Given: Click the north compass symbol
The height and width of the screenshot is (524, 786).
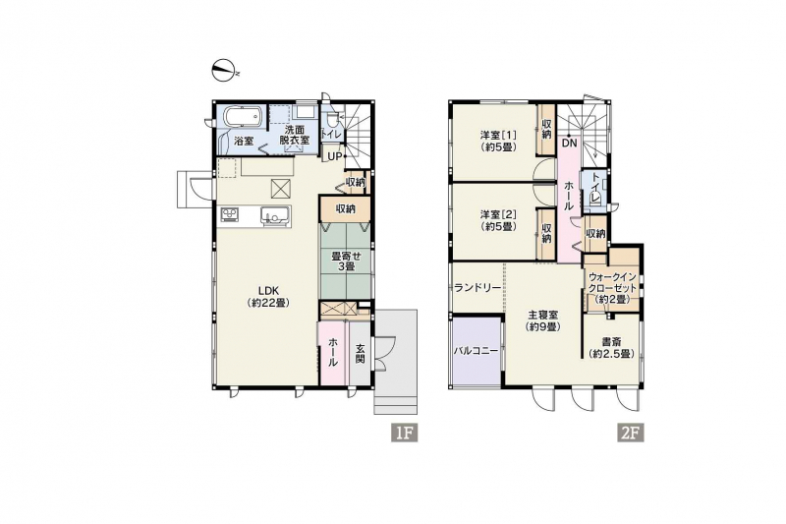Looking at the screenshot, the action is (x=225, y=70).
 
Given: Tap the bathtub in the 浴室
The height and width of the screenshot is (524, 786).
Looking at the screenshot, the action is (x=242, y=118).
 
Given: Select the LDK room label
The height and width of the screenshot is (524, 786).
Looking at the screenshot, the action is (x=268, y=296).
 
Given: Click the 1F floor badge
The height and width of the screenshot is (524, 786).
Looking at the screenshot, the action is (x=404, y=433).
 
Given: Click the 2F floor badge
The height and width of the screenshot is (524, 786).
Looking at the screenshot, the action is (x=631, y=433).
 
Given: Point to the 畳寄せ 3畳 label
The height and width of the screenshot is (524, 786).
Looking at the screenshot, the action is (x=346, y=261).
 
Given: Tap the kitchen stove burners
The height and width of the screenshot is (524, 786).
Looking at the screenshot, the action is (x=230, y=214).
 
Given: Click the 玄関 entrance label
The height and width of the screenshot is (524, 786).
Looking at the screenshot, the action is (x=361, y=354).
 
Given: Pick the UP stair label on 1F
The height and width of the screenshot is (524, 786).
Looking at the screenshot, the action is (x=335, y=157).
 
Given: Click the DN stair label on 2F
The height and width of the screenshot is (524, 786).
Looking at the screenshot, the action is (x=570, y=144).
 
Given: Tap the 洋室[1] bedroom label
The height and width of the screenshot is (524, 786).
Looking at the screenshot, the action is (x=498, y=141).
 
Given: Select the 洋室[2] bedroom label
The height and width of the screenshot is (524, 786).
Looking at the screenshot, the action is (x=498, y=220).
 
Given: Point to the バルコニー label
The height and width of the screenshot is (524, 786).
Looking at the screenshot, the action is (x=477, y=351).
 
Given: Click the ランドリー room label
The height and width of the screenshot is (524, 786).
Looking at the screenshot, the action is (x=477, y=288).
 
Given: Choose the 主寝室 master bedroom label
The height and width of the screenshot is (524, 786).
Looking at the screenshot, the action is (x=542, y=320).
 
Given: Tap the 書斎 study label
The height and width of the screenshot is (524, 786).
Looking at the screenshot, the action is (x=611, y=347).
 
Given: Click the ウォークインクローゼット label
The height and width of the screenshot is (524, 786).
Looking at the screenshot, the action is (x=612, y=288).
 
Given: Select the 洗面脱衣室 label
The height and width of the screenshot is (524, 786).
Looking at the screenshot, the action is (x=294, y=136).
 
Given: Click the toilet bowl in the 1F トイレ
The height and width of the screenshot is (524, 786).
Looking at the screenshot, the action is (x=331, y=120).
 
